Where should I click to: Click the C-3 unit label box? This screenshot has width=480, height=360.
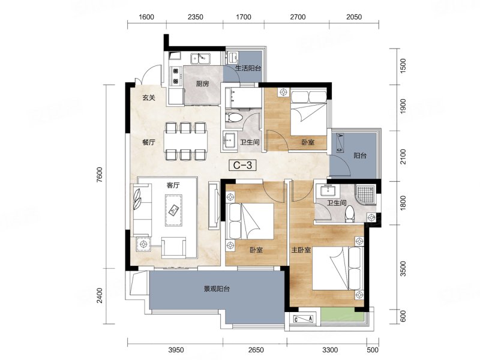click(x=242, y=166)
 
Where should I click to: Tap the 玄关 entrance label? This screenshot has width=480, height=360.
click(x=149, y=98)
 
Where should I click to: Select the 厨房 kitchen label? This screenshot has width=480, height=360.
click(x=202, y=83)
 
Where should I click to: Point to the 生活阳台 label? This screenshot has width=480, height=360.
click(x=248, y=68)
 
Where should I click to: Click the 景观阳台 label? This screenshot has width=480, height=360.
click(x=217, y=289)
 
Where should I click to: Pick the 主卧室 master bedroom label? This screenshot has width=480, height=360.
click(x=301, y=250)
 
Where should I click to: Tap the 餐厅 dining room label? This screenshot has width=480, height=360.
click(x=149, y=142)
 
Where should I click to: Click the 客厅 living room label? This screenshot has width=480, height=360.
click(x=173, y=185)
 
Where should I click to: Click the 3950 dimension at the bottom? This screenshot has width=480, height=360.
click(x=176, y=350)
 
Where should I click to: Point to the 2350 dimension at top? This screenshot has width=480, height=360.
click(x=196, y=17)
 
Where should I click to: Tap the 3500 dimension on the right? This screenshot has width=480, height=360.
click(x=403, y=268)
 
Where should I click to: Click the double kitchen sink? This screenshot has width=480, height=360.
click(x=200, y=58)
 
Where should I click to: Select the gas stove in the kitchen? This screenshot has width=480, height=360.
click(x=176, y=76)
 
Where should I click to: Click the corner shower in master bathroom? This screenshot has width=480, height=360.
click(x=365, y=195)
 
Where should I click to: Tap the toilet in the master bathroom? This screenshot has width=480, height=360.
click(x=349, y=214)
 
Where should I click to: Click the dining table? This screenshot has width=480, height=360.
click(x=185, y=141)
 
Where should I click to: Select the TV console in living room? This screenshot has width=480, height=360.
click(x=214, y=205)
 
